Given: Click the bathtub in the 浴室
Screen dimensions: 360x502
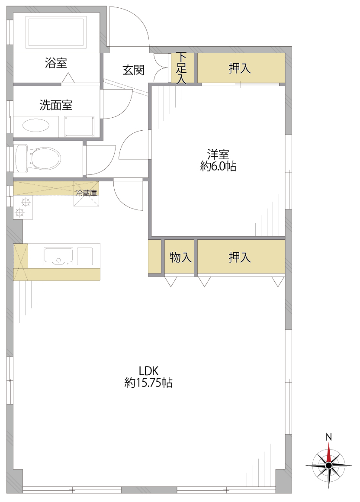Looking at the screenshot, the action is [x=56, y=32].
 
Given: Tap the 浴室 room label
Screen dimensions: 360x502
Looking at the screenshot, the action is [x=56, y=63].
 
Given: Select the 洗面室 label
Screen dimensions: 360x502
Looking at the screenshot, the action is [x=56, y=105].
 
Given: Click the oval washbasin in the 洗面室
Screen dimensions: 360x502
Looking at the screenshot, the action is [x=36, y=125].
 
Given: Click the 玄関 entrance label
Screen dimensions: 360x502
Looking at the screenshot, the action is [x=133, y=70].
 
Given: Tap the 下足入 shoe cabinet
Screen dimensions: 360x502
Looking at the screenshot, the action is [x=183, y=68].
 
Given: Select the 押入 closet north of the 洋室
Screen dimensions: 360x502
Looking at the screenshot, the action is [x=241, y=68].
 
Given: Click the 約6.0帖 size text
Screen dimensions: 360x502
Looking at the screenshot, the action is [x=218, y=166].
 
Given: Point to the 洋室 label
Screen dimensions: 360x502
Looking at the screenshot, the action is [x=218, y=154].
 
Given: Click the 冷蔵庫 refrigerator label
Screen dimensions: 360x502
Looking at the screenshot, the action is [x=87, y=193].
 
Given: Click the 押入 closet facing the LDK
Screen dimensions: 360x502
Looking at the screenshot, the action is [x=241, y=257].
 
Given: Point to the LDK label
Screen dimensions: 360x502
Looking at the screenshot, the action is [x=149, y=371].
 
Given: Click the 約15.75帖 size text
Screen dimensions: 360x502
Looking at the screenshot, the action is [x=148, y=383].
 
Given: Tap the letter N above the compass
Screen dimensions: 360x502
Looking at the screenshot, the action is [x=329, y=437].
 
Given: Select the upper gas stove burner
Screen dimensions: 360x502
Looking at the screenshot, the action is [x=25, y=202].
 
